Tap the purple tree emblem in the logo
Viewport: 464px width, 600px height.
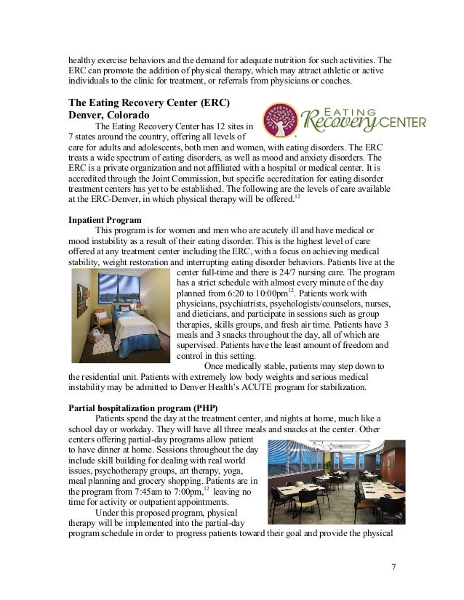point(279,119)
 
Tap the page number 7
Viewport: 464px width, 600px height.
point(393,566)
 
